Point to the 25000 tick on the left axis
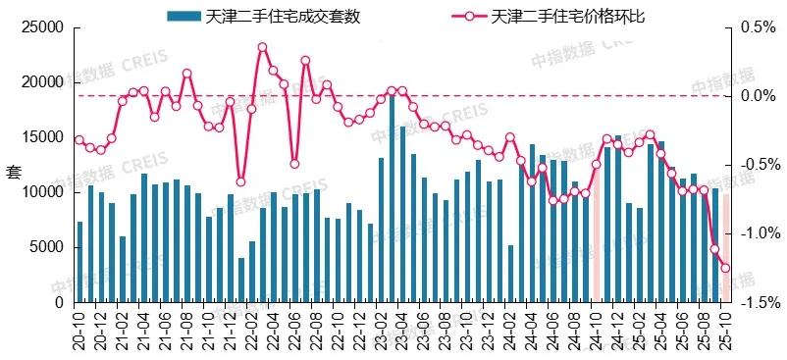click(x=43, y=27)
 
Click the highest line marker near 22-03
click(x=262, y=47)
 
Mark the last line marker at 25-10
click(x=726, y=268)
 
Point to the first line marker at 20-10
click(x=79, y=139)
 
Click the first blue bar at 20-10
click(x=79, y=262)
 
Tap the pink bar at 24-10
click(x=596, y=235)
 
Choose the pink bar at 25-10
click(x=726, y=235)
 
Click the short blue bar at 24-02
click(x=510, y=274)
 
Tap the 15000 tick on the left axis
click(x=43, y=137)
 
